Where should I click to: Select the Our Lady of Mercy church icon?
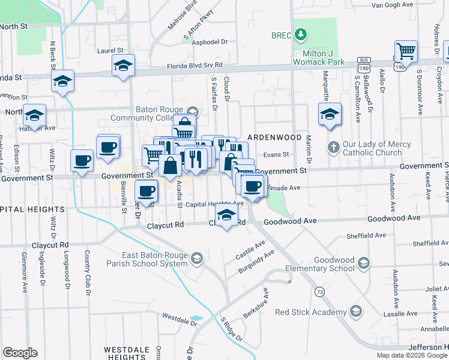(334, 147)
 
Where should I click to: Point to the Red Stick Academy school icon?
(356, 311)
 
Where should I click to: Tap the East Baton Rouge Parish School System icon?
(196, 259)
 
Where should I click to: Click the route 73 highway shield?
(318, 292)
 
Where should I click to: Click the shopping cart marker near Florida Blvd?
(406, 52)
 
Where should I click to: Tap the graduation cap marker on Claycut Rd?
(226, 217)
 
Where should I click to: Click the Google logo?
(20, 353)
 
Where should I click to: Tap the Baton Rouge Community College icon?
(193, 110)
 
